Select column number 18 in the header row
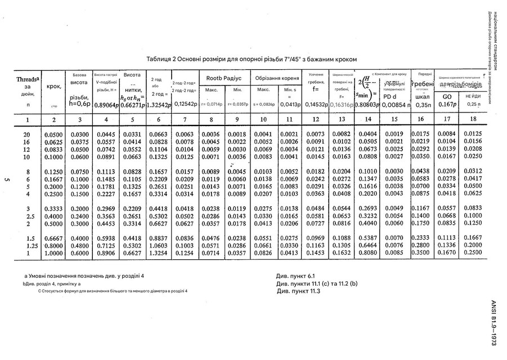tap(474, 119)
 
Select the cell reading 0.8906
tap(106, 253)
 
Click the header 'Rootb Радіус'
tap(223, 78)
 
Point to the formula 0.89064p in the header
tap(106, 105)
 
